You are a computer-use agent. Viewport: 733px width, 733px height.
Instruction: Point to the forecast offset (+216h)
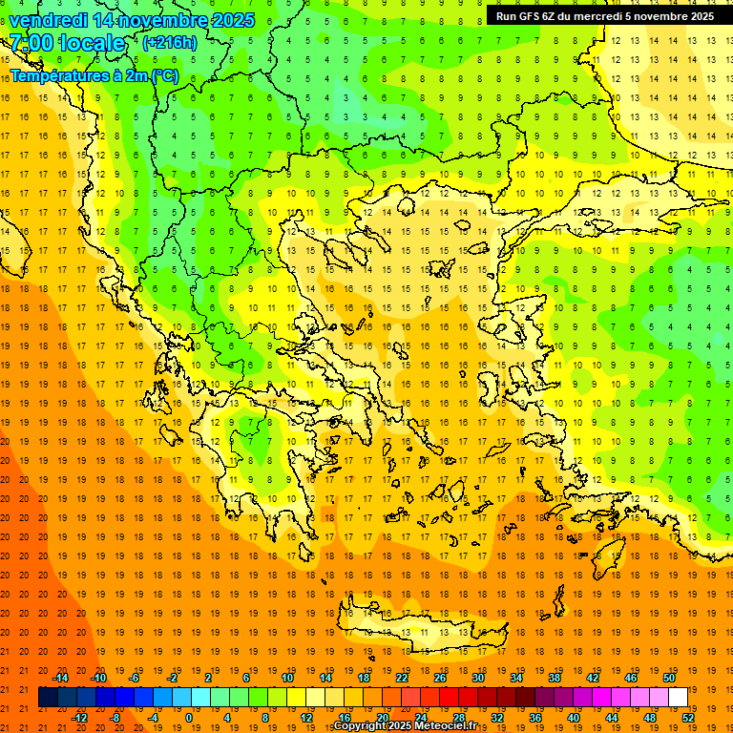pos(169,43)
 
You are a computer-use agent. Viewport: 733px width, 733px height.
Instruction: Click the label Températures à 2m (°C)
pos(94,75)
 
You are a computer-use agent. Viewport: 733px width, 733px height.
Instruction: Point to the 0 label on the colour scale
pos(189,718)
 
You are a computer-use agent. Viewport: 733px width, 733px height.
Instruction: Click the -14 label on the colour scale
pos(61,678)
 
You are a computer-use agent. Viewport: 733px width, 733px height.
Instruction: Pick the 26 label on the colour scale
pos(440,678)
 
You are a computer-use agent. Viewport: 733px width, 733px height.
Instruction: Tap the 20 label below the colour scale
pos(382,718)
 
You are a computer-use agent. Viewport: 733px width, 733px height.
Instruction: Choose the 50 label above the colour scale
pos(669,678)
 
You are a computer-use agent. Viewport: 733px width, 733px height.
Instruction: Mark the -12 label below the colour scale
pos(80,718)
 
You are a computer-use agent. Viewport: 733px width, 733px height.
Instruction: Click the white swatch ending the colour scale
pos(678,698)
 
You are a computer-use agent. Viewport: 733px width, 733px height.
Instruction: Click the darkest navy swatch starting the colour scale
pos(48,698)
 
